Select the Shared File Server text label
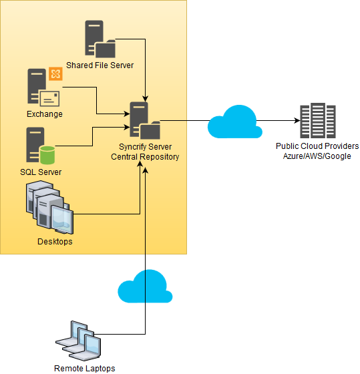(100, 65)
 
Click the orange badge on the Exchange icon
(55, 74)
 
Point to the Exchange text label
(45, 114)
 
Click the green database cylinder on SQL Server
(47, 156)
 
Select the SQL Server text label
(41, 172)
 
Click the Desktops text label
(55, 241)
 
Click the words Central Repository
(145, 156)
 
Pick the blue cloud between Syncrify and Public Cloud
(233, 122)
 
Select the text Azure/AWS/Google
(317, 156)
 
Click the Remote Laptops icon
(79, 339)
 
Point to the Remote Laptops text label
(84, 368)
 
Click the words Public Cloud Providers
(317, 146)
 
